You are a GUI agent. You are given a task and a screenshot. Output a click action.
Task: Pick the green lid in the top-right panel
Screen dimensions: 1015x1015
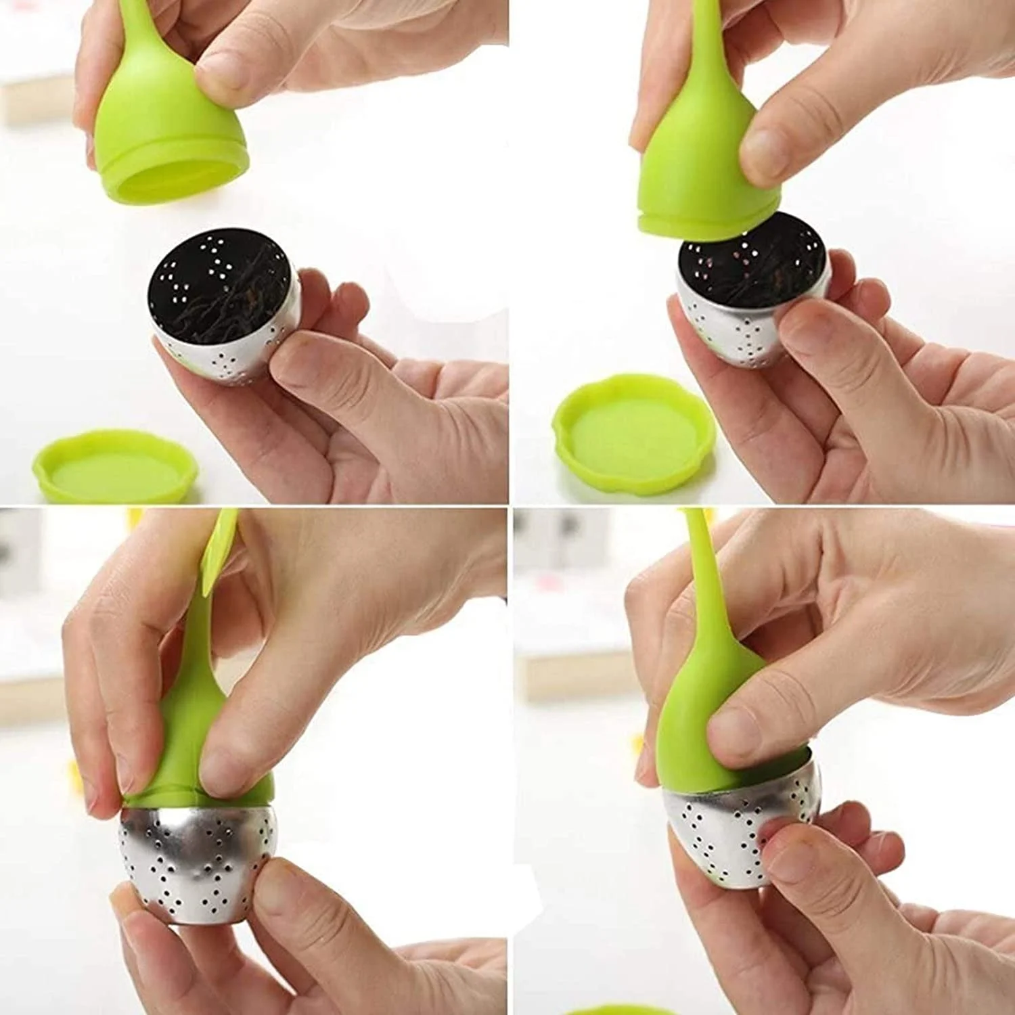(697, 162)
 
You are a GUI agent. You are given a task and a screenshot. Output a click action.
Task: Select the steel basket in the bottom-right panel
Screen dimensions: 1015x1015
(717, 832)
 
